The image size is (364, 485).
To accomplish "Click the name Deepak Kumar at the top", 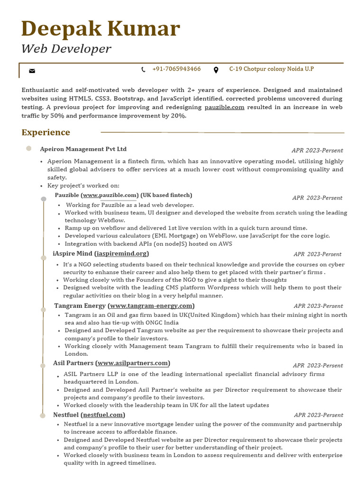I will tap(100, 29).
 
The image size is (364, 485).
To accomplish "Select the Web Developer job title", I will tap(66, 49).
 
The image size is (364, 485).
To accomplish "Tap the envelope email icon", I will tap(32, 71).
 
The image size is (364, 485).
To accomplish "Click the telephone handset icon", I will tap(143, 70).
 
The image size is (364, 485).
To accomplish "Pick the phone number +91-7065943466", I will tap(176, 69).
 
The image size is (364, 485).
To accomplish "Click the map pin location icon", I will tap(216, 70).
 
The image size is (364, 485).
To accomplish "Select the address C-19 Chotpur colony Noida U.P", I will tap(271, 69).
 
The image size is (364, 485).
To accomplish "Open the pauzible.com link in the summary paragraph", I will tap(224, 108).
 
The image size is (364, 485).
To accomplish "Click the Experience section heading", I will tap(45, 132).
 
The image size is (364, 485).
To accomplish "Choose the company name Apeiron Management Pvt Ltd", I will tap(83, 149).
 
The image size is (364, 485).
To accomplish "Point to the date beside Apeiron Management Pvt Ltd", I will tap(317, 151).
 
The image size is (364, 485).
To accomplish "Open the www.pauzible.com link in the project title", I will tap(110, 195).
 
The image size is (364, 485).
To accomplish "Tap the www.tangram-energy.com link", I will tap(151, 306).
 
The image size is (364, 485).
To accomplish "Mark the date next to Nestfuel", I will tap(318, 415).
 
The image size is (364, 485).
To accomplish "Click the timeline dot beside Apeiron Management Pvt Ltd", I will tap(29, 149).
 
